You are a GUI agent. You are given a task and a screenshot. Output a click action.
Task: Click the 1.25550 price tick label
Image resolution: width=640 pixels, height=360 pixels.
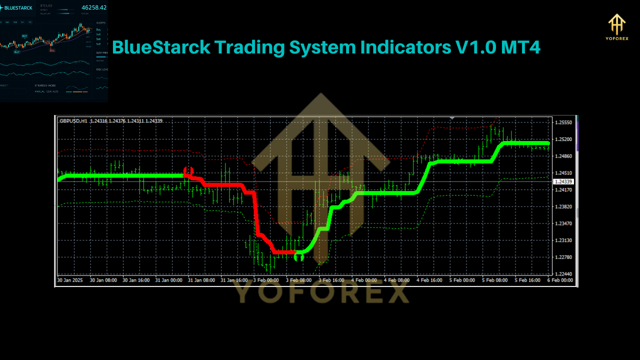563,122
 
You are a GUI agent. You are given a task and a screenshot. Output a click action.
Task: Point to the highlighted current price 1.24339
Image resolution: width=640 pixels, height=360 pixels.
563,181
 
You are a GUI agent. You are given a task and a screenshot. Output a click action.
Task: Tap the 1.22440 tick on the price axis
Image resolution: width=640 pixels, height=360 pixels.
563,274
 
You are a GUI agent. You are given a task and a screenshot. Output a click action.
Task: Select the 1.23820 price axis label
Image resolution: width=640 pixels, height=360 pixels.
563,206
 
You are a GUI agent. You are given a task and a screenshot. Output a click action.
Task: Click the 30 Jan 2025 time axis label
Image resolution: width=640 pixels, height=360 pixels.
70,280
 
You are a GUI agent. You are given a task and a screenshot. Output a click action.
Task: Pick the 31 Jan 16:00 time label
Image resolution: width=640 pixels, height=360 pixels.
234,280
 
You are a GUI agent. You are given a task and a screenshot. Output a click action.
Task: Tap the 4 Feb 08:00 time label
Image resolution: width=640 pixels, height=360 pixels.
396,280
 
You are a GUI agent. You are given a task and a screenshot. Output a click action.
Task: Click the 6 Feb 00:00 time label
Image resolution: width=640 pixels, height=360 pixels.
560,280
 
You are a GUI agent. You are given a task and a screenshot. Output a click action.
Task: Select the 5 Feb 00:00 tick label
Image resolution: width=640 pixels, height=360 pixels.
462,280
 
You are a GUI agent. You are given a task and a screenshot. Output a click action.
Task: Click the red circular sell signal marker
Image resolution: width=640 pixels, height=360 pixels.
188,171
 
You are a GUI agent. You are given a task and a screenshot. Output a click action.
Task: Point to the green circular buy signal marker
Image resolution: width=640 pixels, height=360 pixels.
299,257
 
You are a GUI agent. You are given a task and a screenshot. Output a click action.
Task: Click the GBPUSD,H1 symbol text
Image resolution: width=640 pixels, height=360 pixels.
73,121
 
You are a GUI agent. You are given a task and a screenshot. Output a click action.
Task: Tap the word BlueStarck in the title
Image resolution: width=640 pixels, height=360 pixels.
160,47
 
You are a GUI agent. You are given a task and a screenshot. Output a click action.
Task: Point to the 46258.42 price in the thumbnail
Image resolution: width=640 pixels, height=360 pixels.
94,7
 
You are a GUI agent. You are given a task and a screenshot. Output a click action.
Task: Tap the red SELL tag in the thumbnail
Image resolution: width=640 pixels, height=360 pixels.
52,50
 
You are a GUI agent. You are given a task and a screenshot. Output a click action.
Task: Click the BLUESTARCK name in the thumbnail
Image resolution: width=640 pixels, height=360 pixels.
19,7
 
